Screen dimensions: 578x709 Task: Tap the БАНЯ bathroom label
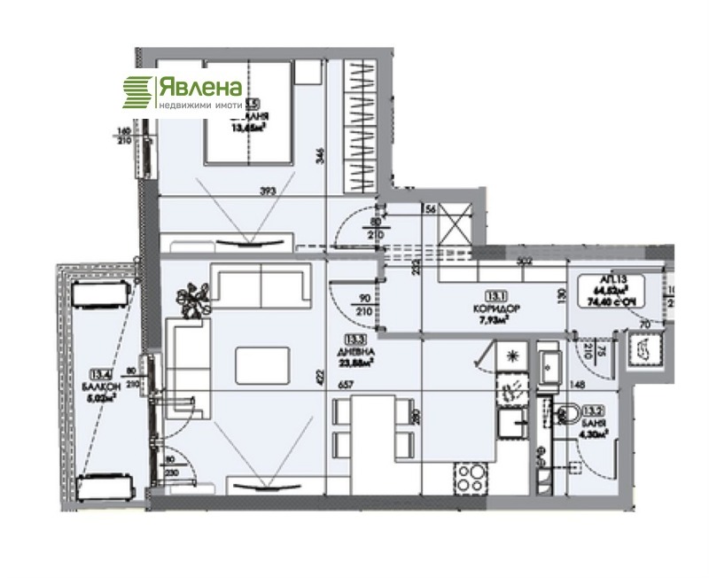(x=594, y=424)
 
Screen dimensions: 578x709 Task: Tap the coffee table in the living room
(x=263, y=363)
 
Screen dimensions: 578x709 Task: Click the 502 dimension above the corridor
(x=524, y=261)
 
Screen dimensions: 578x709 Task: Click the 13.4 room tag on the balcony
(x=98, y=376)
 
